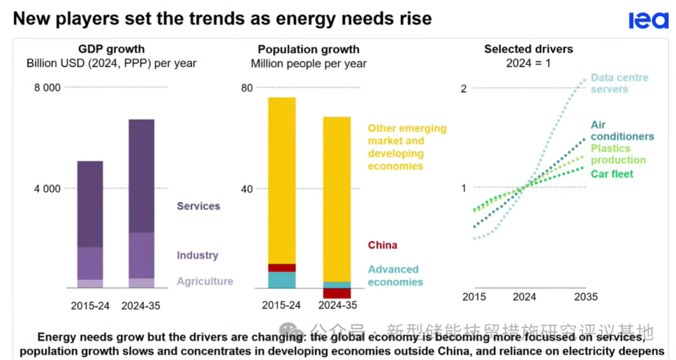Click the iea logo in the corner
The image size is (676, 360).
coord(648,21)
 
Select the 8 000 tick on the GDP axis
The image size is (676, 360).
coord(47,88)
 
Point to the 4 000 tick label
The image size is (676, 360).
coord(47,188)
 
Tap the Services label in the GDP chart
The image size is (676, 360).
coord(198,206)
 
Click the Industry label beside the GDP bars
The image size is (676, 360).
coord(197,255)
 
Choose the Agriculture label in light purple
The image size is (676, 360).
coord(205,282)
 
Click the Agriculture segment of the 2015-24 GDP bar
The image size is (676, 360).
coord(90,284)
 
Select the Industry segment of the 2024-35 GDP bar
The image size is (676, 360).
coord(141,255)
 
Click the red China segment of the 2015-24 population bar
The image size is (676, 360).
coord(282,268)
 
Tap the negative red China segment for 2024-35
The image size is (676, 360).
coord(337,293)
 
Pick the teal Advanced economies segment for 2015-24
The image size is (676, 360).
coord(282,280)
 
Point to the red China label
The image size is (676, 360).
coord(382,245)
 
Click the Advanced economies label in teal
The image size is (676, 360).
coord(395,275)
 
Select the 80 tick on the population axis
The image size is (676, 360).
coord(247,88)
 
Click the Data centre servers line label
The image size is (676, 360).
coord(619,83)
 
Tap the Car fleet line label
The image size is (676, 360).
coord(612,174)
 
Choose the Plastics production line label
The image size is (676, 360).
coord(618,154)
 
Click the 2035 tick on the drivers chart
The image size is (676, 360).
coord(586,297)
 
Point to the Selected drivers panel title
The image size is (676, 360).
coord(528,49)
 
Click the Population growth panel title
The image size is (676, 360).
coord(309,49)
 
